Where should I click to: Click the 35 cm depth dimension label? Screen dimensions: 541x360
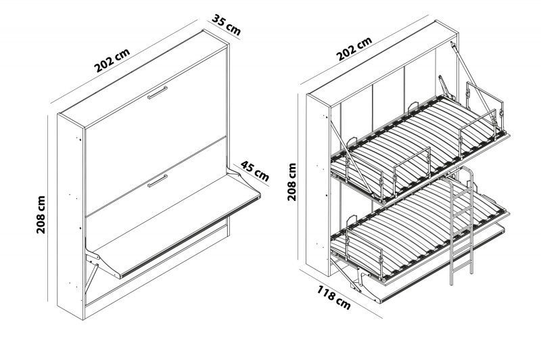click(x=226, y=24)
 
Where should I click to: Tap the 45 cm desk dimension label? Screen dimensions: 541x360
click(x=255, y=171)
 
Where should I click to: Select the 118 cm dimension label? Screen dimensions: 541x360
click(x=333, y=298)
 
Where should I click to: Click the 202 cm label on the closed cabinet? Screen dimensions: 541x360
click(x=112, y=60)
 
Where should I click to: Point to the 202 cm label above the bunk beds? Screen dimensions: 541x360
click(x=354, y=49)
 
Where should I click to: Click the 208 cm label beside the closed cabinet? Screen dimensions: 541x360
click(x=41, y=215)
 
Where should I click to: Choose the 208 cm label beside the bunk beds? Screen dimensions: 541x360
click(x=292, y=182)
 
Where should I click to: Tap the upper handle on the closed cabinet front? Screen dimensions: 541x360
click(x=158, y=93)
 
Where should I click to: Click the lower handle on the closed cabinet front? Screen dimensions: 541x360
click(x=158, y=181)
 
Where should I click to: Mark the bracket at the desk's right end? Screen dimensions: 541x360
click(x=237, y=172)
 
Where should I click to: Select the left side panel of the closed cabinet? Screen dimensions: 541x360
click(x=71, y=217)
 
